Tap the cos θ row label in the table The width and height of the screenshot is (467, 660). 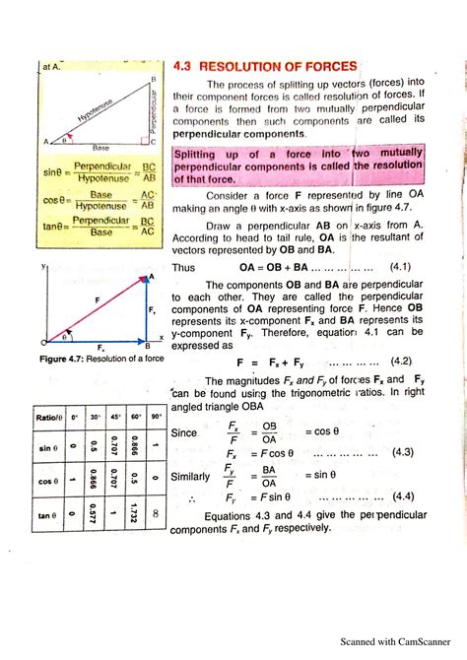point(44,481)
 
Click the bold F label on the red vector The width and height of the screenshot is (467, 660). point(97,298)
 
